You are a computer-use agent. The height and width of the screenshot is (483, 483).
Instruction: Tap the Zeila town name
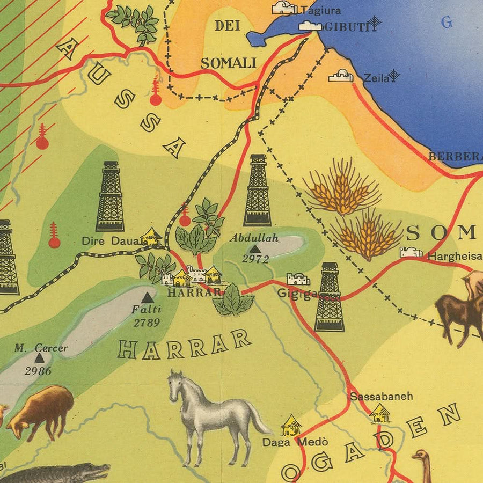pyautogui.click(x=376, y=78)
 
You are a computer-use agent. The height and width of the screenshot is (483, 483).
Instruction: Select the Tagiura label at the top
pyautogui.click(x=320, y=10)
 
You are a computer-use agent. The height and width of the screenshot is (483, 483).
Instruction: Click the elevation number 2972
pyautogui.click(x=255, y=259)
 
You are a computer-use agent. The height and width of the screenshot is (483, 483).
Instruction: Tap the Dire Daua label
pyautogui.click(x=109, y=241)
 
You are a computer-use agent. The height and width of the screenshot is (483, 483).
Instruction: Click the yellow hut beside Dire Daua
pyautogui.click(x=151, y=237)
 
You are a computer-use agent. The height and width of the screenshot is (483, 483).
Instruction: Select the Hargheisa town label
pyautogui.click(x=453, y=257)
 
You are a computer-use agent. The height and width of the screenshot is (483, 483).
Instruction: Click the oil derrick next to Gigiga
pyautogui.click(x=330, y=298)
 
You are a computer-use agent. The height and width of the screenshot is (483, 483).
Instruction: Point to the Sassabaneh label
pyautogui.click(x=381, y=397)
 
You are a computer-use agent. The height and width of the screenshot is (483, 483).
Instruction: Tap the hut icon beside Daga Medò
pyautogui.click(x=291, y=425)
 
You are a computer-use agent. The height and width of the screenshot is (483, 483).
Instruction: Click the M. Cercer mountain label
pyautogui.click(x=41, y=348)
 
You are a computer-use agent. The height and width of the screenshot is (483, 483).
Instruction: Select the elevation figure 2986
pyautogui.click(x=38, y=371)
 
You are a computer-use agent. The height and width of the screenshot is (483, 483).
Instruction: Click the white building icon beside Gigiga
pyautogui.click(x=298, y=279)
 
